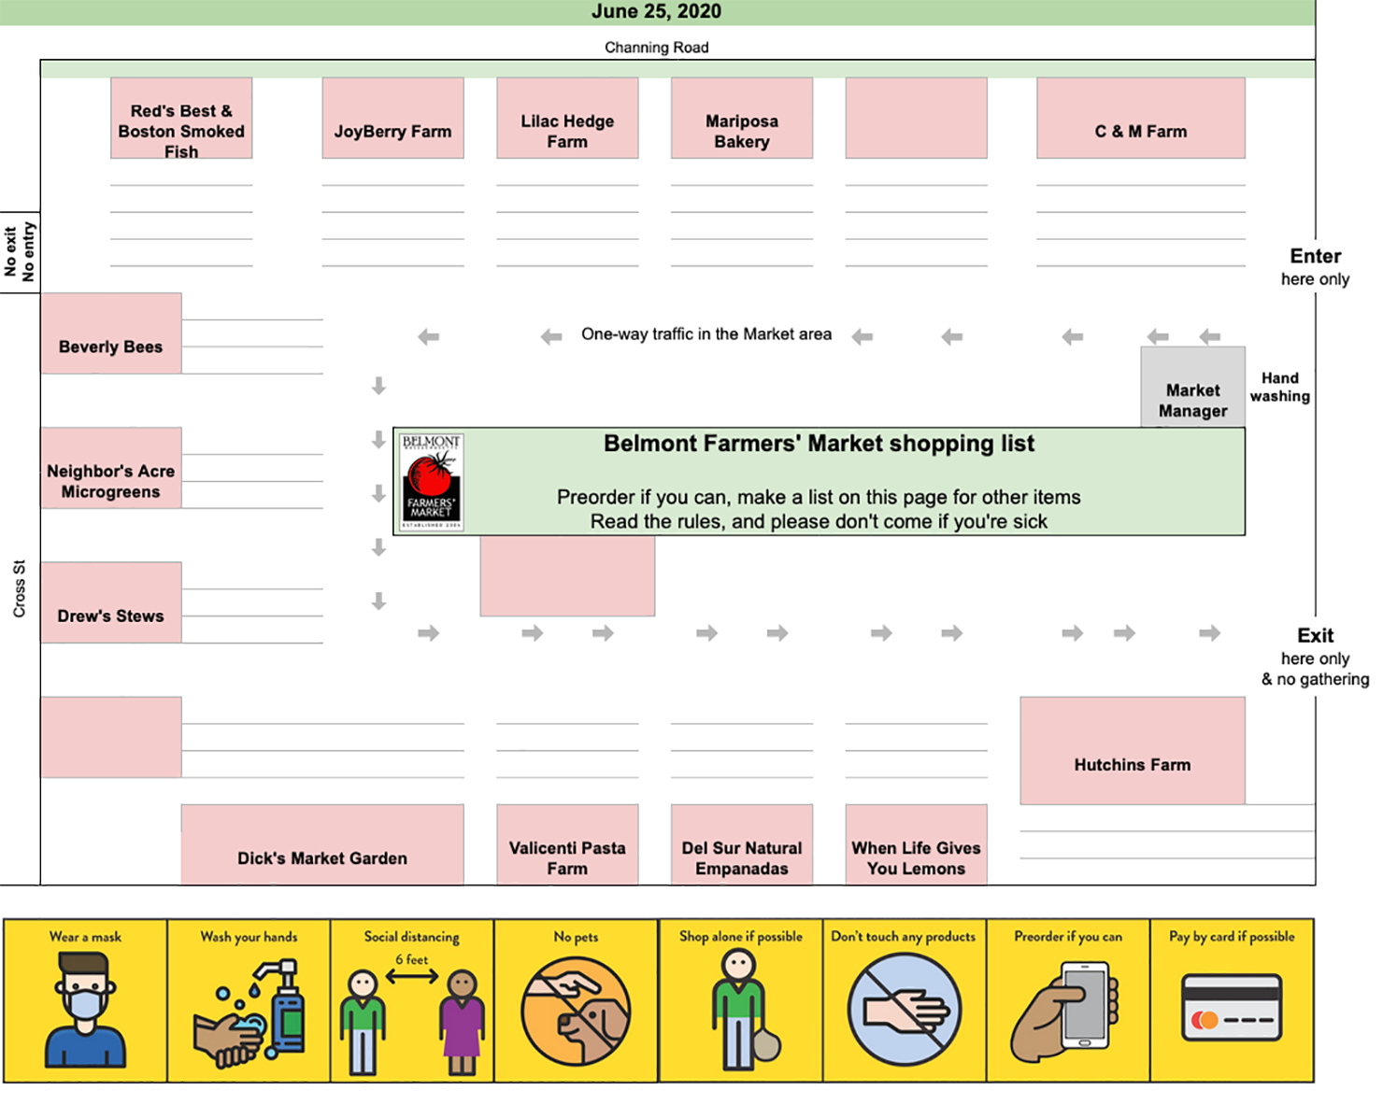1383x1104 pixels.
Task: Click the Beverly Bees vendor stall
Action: (111, 333)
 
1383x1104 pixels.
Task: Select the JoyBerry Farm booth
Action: (392, 118)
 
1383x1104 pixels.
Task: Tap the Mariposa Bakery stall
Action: (742, 118)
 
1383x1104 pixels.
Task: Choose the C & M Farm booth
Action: (1141, 118)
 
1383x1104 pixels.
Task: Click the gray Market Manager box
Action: (1192, 387)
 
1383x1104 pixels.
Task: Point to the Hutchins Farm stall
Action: (1133, 750)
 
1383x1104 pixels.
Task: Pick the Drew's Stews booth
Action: (111, 602)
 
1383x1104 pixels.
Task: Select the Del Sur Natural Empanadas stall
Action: (742, 844)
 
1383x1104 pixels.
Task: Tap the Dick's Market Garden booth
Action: (322, 844)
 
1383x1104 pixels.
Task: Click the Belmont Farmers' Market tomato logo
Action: (431, 481)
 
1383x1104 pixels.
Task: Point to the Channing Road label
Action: (656, 48)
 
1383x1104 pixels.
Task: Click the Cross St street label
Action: (20, 588)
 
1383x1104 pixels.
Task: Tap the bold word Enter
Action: (1315, 256)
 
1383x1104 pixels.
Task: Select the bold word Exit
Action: (1315, 635)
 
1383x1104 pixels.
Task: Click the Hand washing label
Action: (1279, 387)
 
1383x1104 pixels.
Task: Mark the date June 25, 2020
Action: (656, 11)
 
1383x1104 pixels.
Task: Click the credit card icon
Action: (1232, 1007)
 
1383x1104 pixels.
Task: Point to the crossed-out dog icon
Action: (576, 1012)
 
